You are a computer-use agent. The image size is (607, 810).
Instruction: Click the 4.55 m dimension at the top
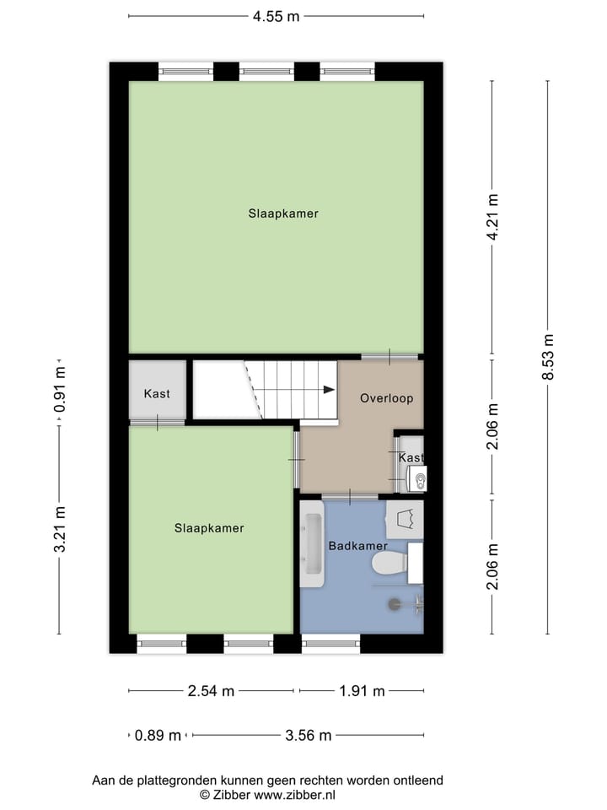coord(276,16)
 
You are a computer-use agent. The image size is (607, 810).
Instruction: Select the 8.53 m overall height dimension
coord(548,357)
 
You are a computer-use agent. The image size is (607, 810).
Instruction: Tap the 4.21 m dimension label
coord(493,217)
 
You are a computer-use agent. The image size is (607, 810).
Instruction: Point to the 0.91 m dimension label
coord(59,392)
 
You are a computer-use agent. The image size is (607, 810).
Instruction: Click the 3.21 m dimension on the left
coord(59,530)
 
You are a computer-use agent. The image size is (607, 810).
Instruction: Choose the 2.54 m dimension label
coord(211,691)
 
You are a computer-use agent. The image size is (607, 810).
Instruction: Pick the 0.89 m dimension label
coord(158,735)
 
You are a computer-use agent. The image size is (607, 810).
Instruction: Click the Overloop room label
coord(386,398)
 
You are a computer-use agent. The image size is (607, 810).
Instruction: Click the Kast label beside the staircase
coord(157,394)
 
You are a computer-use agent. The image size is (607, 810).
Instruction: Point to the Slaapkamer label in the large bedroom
coord(283,213)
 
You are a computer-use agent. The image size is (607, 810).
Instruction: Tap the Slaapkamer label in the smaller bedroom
coord(209,528)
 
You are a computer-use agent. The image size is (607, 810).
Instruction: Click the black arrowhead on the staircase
coord(328,389)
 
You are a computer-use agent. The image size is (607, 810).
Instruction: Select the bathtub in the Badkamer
coord(312,545)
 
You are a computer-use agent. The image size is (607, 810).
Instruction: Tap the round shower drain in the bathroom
coord(394,602)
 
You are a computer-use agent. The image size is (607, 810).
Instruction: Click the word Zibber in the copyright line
coord(229,795)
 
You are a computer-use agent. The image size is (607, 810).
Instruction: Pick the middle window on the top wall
coord(266,72)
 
